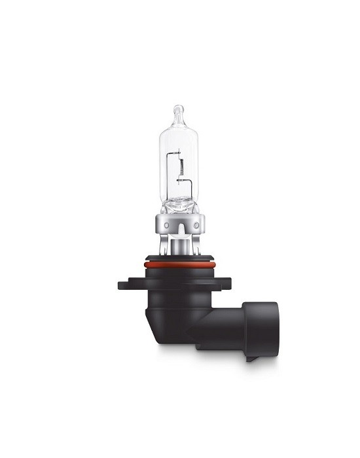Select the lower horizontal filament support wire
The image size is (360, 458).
[184, 181]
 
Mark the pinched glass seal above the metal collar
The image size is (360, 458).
[177, 206]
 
